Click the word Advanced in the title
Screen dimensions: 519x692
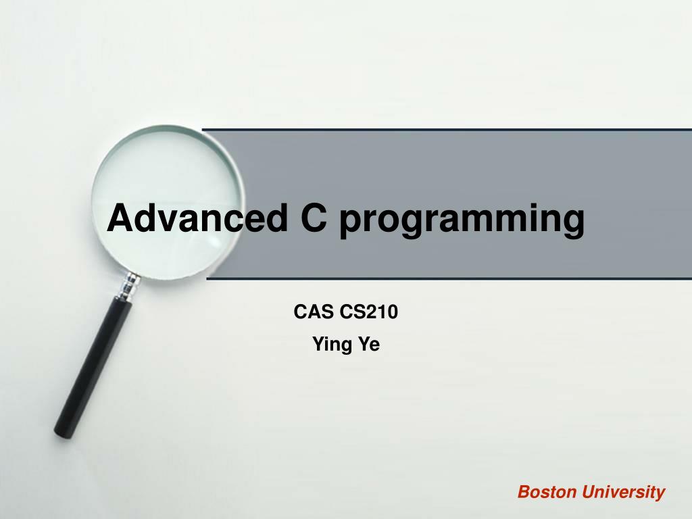(196, 218)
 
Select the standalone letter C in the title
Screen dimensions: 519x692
(313, 218)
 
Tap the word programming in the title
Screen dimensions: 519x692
(462, 220)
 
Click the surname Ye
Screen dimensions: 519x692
(369, 345)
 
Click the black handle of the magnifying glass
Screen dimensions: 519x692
(94, 365)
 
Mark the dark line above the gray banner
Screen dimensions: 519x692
(446, 128)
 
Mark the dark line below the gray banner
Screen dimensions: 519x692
(446, 278)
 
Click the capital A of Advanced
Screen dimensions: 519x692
(119, 218)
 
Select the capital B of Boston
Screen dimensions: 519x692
(524, 492)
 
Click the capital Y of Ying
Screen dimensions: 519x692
(318, 345)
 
